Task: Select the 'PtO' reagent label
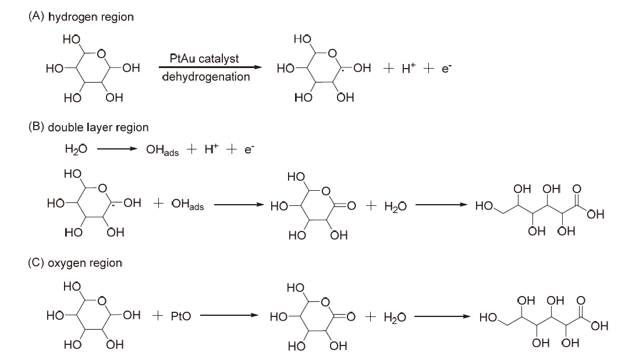pyautogui.click(x=180, y=316)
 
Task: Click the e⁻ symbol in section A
pyautogui.click(x=446, y=68)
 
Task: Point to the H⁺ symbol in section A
pyautogui.click(x=410, y=68)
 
